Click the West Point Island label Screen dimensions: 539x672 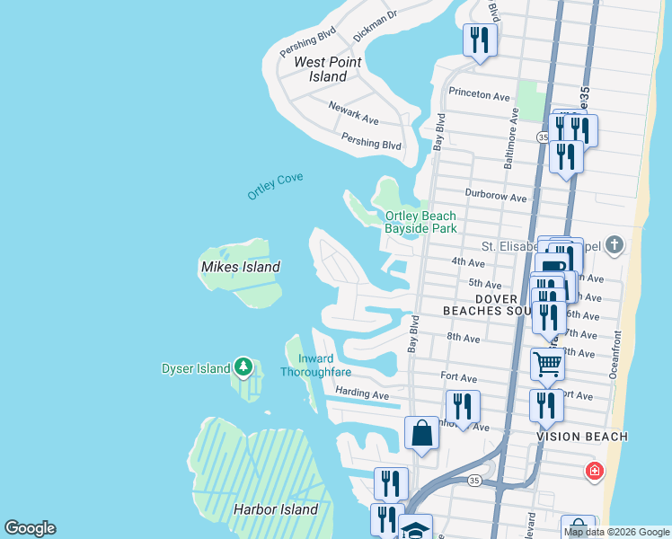(322, 69)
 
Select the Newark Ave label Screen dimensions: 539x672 (353, 112)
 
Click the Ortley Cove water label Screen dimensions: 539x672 (276, 186)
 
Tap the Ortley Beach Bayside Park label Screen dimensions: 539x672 (420, 222)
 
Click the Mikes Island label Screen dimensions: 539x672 (240, 267)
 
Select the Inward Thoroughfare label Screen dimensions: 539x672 (315, 366)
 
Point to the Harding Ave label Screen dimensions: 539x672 (361, 394)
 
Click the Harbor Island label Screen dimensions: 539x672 (276, 509)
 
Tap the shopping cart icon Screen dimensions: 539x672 (546, 364)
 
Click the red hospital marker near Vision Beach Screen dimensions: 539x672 (594, 470)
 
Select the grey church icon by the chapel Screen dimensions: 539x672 (614, 245)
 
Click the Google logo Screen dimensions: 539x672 (30, 528)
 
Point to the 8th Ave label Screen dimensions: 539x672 (464, 338)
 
